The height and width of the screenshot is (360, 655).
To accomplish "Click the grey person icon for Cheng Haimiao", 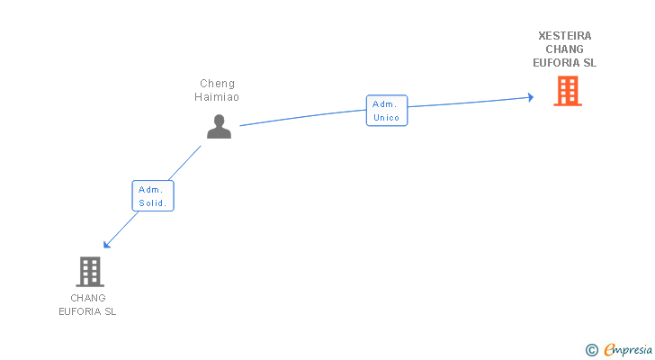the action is [x=219, y=127].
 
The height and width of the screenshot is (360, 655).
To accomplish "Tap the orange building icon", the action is [x=568, y=91].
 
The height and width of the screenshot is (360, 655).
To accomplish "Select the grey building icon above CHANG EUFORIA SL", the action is [x=90, y=272].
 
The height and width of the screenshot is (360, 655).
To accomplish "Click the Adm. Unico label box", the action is [x=387, y=111].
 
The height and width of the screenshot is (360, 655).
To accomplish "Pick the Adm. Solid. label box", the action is [x=153, y=196].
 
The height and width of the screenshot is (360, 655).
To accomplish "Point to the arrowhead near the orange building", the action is [x=531, y=97].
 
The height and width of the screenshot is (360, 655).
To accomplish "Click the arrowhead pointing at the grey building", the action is [x=106, y=245].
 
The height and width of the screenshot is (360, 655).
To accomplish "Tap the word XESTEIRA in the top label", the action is [x=565, y=36].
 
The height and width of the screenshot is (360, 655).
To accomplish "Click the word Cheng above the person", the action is [x=217, y=84].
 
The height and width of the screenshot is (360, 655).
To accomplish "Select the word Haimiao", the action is [x=217, y=97].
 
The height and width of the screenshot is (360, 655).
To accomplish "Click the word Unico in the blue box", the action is [x=386, y=118].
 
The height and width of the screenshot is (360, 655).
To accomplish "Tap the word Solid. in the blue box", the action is [x=152, y=203].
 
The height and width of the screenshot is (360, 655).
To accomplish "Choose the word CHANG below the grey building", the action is [x=88, y=298].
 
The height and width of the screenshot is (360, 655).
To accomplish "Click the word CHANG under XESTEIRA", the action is [x=565, y=49].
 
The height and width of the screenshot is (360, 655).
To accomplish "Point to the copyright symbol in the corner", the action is [x=591, y=350].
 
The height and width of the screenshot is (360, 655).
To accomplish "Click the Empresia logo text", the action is [x=628, y=350].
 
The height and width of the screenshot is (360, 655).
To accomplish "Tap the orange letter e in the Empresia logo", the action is [x=609, y=350].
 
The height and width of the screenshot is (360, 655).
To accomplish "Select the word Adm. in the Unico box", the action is [x=384, y=104].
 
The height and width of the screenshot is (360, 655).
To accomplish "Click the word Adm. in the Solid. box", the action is [x=150, y=190].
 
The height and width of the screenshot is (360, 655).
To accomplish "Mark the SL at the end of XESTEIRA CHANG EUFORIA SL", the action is [x=590, y=63].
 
